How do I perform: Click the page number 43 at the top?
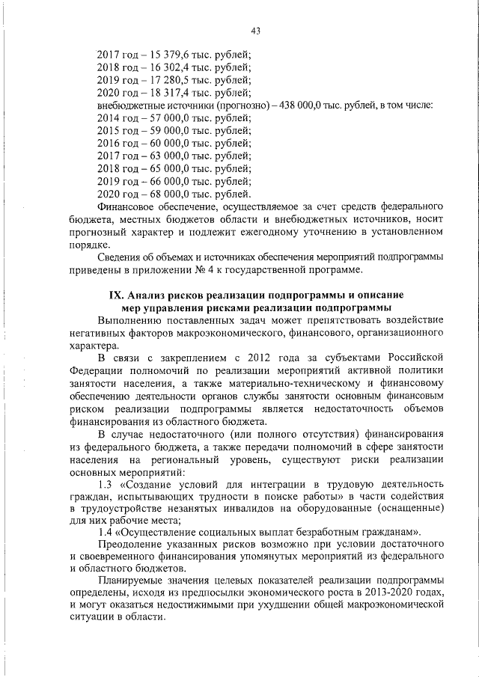256,30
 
